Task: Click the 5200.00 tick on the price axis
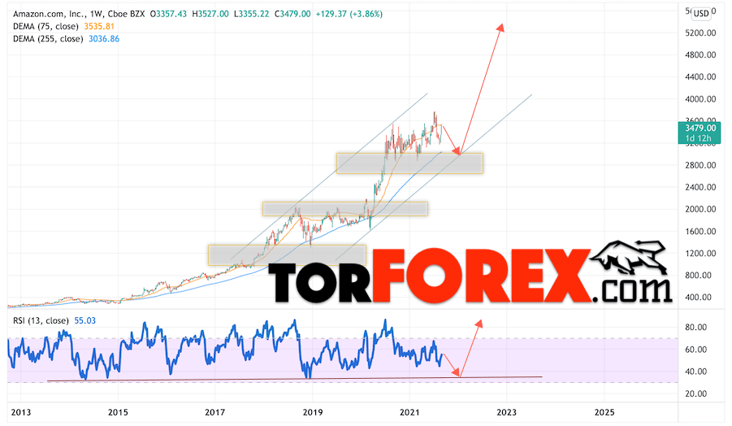[x=700, y=33]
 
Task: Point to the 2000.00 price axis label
[x=700, y=209]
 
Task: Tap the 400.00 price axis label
[x=700, y=297]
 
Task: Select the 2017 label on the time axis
[x=214, y=411]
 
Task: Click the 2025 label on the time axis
[x=604, y=411]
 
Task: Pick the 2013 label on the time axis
[x=20, y=411]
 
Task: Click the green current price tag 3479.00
[x=700, y=128]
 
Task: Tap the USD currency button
[x=700, y=12]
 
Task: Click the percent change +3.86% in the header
[x=365, y=14]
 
